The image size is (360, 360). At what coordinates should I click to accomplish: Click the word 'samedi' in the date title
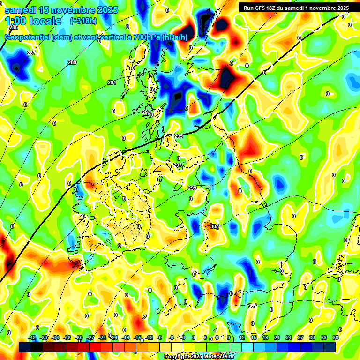pyautogui.click(x=21, y=10)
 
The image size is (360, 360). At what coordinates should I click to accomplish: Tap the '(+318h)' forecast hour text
pyautogui.click(x=83, y=21)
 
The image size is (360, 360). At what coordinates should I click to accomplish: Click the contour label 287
pyautogui.click(x=31, y=53)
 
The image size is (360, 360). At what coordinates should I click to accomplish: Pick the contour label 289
pyautogui.click(x=72, y=62)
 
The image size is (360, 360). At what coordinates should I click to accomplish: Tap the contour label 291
pyautogui.click(x=112, y=82)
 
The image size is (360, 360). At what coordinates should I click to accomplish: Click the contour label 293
pyautogui.click(x=146, y=112)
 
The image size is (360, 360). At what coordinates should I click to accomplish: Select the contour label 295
pyautogui.click(x=178, y=136)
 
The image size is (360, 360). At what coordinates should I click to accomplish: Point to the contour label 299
pyautogui.click(x=192, y=188)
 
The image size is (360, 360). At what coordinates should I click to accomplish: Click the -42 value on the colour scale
pyautogui.click(x=32, y=337)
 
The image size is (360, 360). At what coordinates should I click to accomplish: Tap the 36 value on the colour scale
pyautogui.click(x=336, y=337)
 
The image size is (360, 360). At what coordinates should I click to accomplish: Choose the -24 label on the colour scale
pyautogui.click(x=102, y=337)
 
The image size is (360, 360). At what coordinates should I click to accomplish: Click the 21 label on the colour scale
pyautogui.click(x=277, y=337)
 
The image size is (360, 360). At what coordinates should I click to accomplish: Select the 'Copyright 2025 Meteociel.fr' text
pyautogui.click(x=199, y=357)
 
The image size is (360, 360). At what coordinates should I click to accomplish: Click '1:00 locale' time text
pyautogui.click(x=33, y=21)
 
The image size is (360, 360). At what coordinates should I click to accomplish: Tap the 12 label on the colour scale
pyautogui.click(x=242, y=337)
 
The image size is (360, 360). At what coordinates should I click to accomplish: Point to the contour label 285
pyautogui.click(x=14, y=28)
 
